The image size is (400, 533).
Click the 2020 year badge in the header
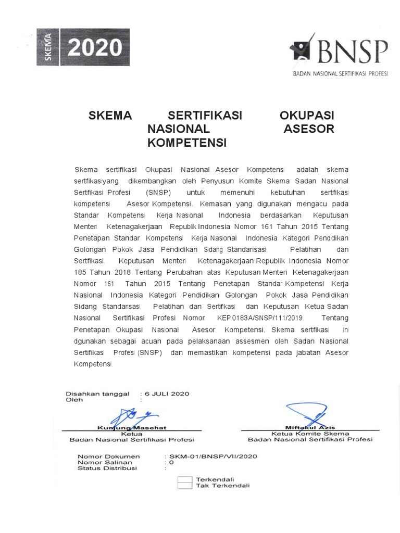click(94, 48)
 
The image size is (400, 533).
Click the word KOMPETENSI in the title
click(187, 142)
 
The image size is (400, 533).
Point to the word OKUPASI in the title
click(307, 115)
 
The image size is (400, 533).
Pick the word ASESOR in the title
click(308, 129)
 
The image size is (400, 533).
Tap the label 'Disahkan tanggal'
click(97, 394)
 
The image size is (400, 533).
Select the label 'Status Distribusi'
click(107, 468)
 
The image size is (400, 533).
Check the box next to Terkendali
click(185, 479)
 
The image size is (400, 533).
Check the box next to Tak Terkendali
click(185, 486)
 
